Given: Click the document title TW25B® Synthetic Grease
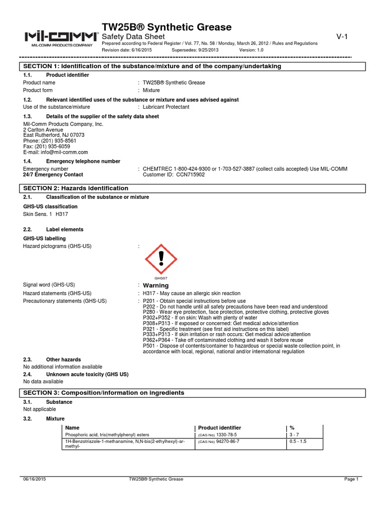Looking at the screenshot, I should click(x=166, y=27).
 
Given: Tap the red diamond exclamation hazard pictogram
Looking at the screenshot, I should click(x=161, y=259).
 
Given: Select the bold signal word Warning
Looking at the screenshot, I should click(x=156, y=285).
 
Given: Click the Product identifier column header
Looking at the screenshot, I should click(x=220, y=427).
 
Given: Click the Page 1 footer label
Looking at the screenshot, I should click(x=351, y=479).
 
